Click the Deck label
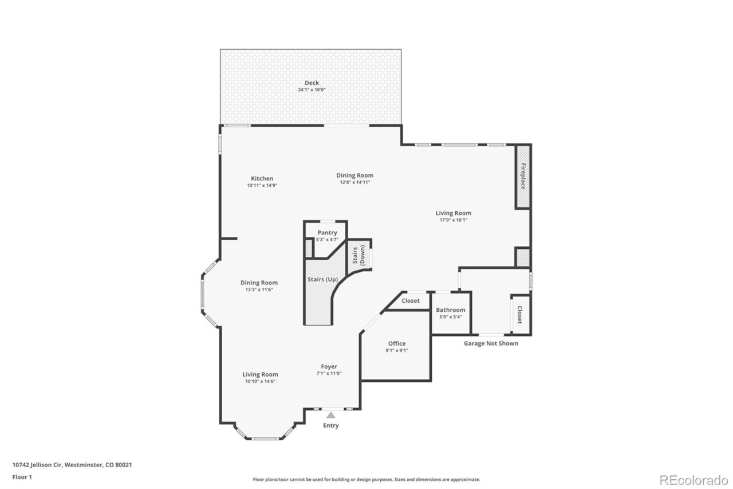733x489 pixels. [x=312, y=83]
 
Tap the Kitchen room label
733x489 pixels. [x=262, y=178]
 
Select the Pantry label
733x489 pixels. [x=327, y=232]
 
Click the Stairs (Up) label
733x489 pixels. [x=323, y=279]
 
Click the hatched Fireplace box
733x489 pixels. [x=522, y=177]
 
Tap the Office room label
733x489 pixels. [x=396, y=343]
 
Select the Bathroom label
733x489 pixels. [x=451, y=310]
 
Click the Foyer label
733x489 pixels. [x=329, y=366]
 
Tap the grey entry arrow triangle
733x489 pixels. [x=330, y=415]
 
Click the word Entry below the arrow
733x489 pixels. [x=330, y=425]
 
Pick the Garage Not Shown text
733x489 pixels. [x=491, y=343]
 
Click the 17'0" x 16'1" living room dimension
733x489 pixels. [x=453, y=220]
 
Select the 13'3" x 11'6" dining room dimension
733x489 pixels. [x=259, y=290]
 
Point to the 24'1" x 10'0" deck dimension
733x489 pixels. [x=312, y=90]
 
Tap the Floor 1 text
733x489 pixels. [x=22, y=476]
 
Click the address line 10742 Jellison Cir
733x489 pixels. [x=72, y=465]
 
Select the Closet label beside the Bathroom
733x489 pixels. [x=411, y=301]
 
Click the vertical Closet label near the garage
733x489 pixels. [x=520, y=315]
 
